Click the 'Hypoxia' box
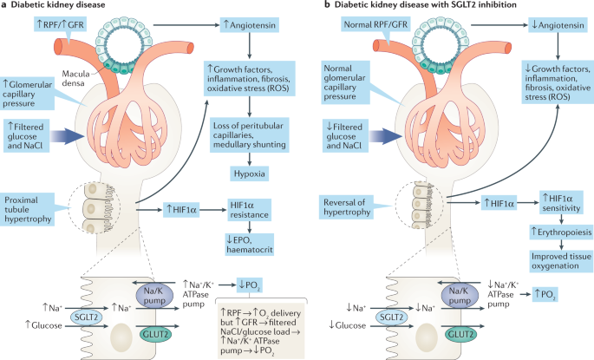pyautogui.click(x=250, y=174)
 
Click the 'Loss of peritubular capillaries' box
pyautogui.click(x=250, y=134)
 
